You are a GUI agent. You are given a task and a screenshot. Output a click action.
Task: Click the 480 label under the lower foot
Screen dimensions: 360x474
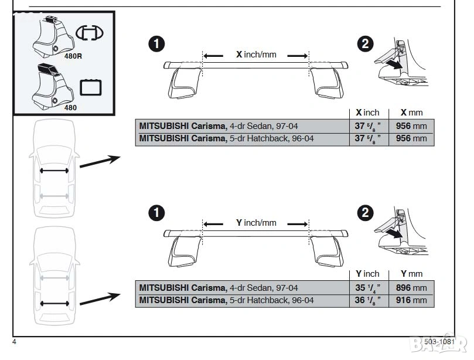(70, 108)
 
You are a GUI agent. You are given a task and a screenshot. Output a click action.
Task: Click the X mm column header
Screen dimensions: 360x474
(411, 113)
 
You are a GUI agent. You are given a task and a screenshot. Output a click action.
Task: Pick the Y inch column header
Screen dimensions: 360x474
(367, 274)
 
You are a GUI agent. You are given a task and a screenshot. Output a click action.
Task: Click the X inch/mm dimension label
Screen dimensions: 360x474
(255, 55)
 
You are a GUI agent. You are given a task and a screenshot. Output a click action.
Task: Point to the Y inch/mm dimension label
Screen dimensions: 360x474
(255, 223)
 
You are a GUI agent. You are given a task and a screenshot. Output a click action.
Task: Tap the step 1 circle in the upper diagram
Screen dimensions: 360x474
(155, 45)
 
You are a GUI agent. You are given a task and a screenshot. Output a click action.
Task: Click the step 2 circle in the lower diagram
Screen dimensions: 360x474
(364, 213)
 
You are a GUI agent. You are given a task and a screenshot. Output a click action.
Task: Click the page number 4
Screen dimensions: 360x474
(13, 341)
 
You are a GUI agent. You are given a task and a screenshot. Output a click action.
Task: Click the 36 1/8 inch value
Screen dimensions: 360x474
(369, 300)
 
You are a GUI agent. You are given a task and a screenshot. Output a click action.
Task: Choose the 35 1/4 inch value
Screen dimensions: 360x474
(369, 288)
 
